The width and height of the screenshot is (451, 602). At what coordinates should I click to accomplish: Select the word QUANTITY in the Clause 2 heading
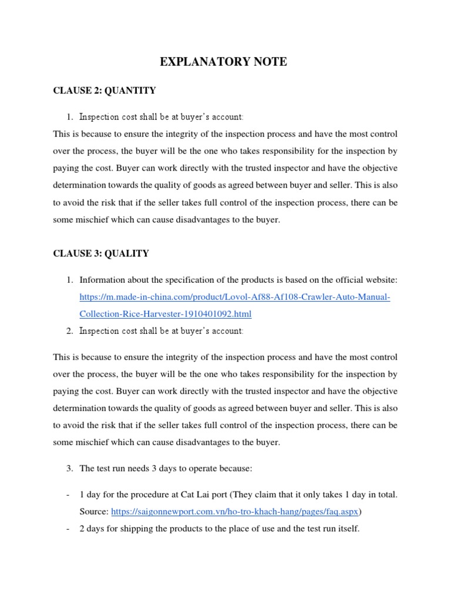[x=131, y=90]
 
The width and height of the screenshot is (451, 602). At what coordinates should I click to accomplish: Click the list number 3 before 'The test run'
[x=69, y=468]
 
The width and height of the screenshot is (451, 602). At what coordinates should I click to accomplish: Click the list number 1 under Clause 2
[x=69, y=116]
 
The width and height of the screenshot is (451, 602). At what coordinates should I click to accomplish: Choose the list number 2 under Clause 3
[x=69, y=331]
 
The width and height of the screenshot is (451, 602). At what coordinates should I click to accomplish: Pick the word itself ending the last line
[x=347, y=529]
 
